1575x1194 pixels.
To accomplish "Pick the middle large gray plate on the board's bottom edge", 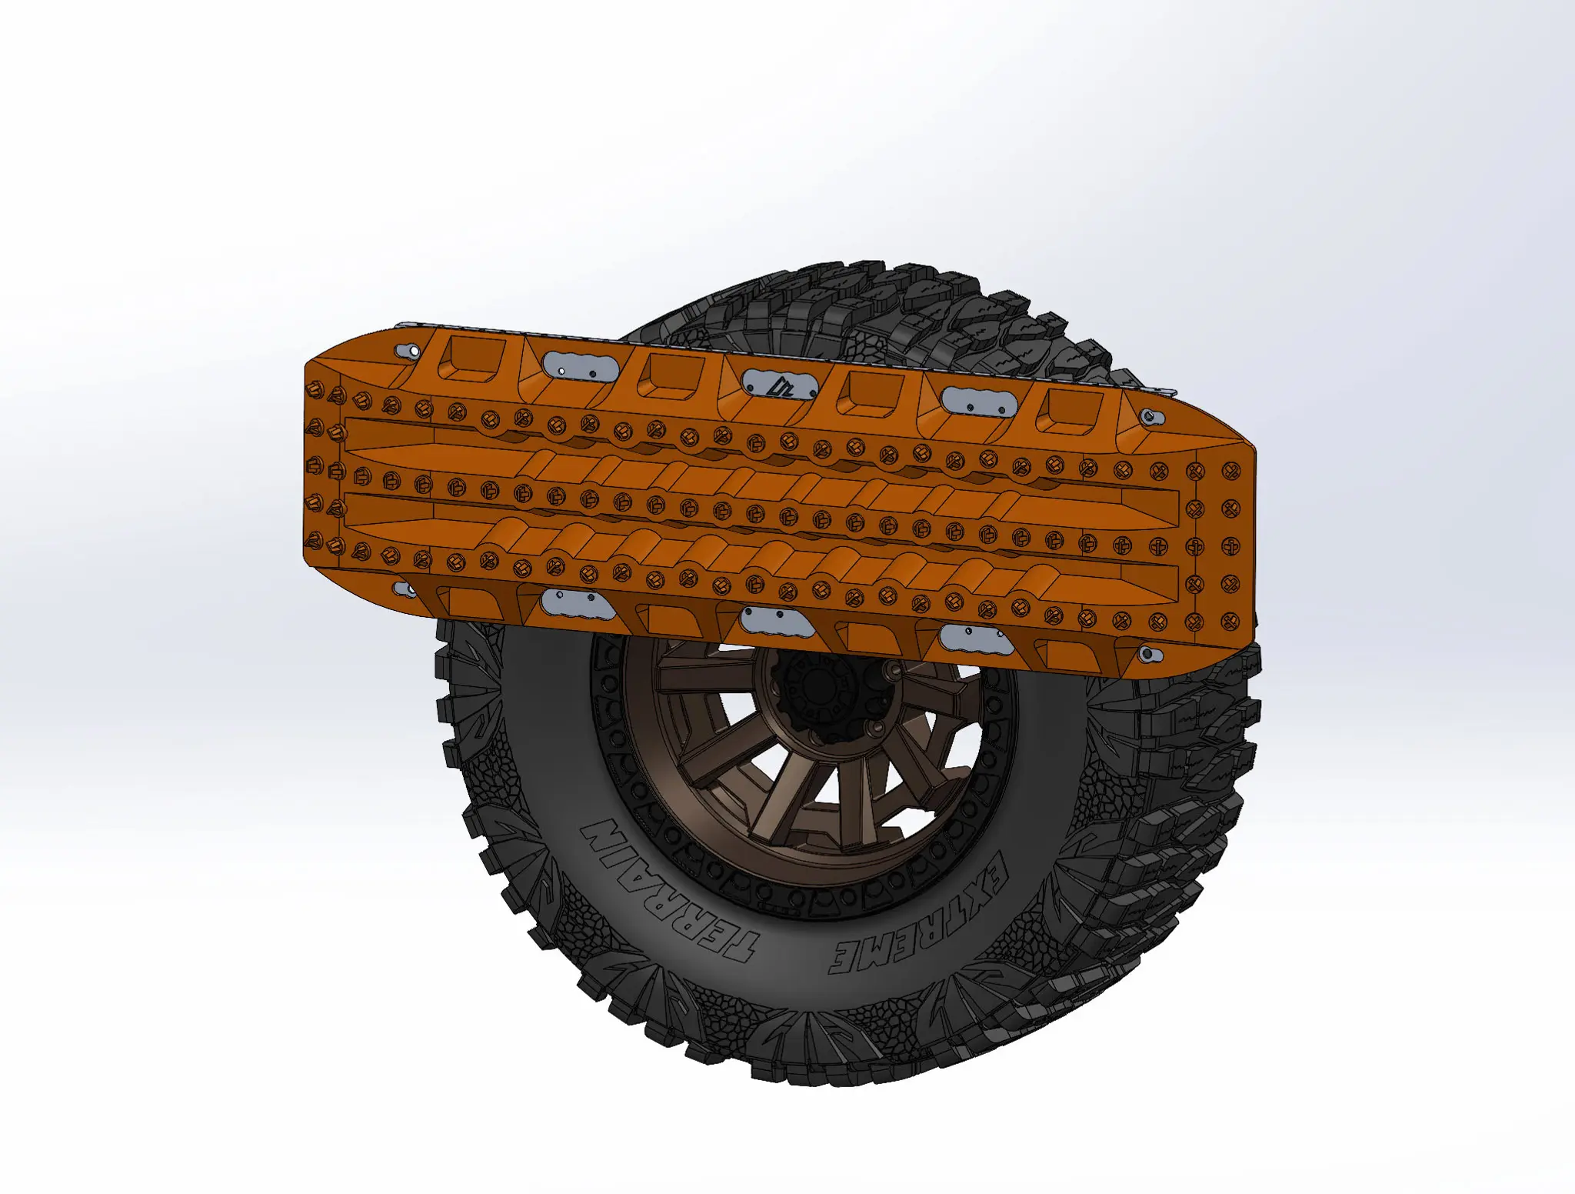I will click(x=778, y=621).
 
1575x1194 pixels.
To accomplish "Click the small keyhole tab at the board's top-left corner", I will click(x=408, y=352).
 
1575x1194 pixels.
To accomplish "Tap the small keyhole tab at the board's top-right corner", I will click(x=1151, y=417).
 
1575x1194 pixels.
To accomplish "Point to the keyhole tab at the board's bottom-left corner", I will click(x=404, y=590).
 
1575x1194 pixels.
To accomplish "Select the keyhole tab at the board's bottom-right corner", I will click(x=1146, y=655).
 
